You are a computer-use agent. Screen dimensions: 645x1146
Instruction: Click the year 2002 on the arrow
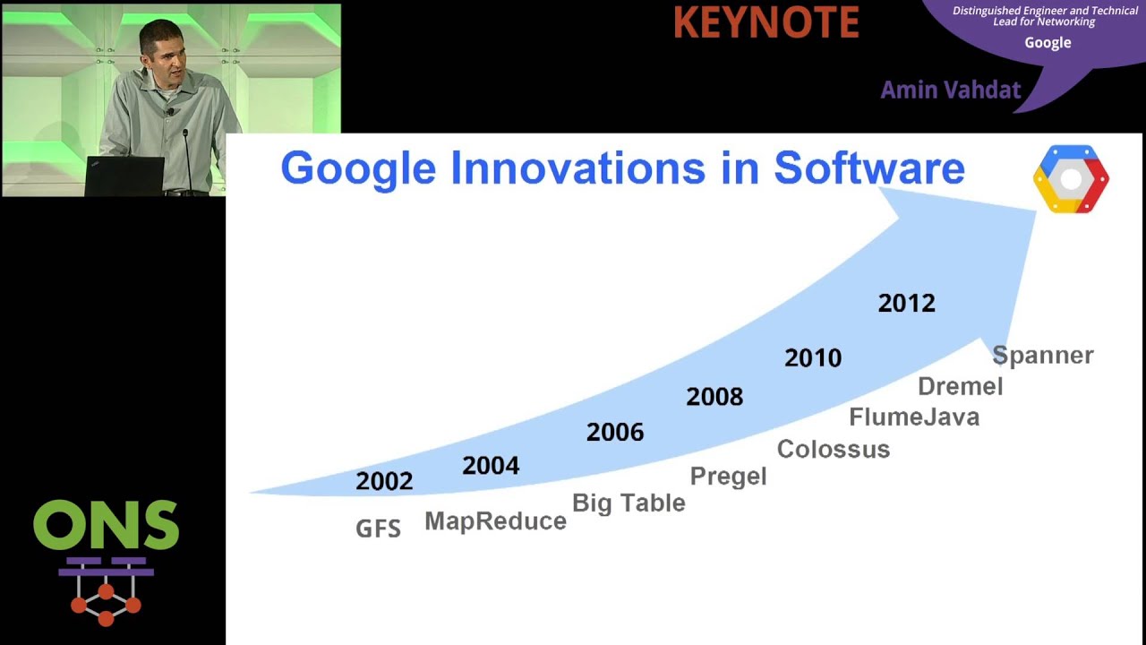[x=384, y=481]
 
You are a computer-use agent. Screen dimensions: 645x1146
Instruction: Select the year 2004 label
[x=491, y=466]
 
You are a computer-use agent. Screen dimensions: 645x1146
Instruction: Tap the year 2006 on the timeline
[x=615, y=433]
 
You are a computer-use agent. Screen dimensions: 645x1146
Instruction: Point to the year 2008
[x=714, y=397]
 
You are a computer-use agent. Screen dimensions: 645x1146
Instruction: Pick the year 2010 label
[x=813, y=358]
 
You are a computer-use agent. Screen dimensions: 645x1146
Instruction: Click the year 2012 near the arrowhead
[x=906, y=304]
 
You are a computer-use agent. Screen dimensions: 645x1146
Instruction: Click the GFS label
[x=378, y=529]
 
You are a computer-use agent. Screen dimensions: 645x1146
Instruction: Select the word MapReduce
[x=495, y=521]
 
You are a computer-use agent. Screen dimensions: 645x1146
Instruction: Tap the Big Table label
[x=629, y=503]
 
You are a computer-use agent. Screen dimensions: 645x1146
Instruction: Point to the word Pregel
[x=728, y=477]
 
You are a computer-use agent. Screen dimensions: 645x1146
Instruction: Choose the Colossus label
[x=833, y=450]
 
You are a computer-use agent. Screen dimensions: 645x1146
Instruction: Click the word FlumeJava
[x=914, y=417]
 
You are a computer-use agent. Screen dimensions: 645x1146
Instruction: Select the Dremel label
[x=960, y=387]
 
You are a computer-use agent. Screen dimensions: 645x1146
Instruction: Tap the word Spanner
[x=1043, y=356]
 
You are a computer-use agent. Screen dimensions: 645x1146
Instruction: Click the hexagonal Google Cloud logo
[x=1071, y=179]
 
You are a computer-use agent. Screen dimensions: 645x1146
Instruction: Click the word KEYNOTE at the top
[x=765, y=23]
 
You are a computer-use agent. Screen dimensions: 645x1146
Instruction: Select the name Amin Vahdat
[x=950, y=90]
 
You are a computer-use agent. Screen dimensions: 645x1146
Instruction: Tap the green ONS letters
[x=106, y=526]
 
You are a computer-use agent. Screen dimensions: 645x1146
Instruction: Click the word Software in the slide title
[x=868, y=168]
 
